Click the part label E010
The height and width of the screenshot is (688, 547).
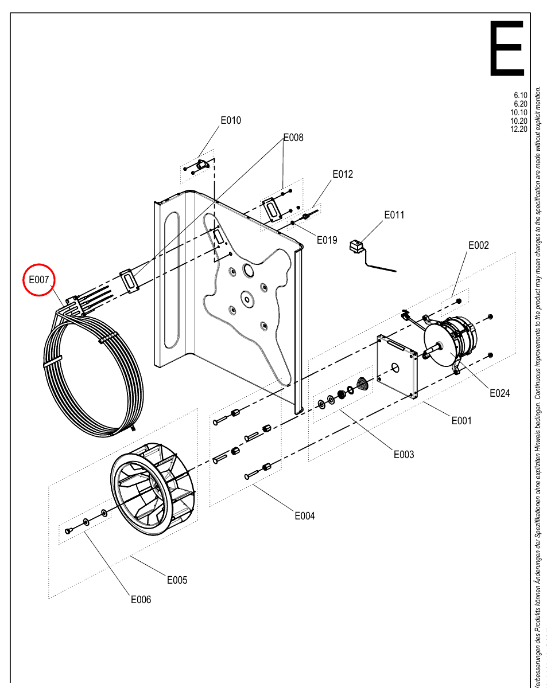(231, 120)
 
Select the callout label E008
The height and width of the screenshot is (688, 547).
(293, 138)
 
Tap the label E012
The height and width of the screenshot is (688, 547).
(343, 174)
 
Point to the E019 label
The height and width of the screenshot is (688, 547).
(327, 240)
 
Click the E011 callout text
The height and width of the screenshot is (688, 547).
(394, 215)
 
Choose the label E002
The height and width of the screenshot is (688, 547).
(479, 245)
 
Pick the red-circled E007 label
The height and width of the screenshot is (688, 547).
(38, 280)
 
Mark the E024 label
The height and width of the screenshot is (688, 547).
(499, 393)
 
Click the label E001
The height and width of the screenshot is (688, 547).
(461, 421)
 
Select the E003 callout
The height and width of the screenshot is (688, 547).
(404, 454)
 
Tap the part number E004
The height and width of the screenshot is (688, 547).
(305, 515)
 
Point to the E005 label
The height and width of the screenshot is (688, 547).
(177, 580)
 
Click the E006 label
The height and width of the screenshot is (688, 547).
(141, 600)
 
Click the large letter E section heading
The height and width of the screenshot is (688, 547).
(507, 48)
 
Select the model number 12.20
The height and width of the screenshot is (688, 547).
(518, 129)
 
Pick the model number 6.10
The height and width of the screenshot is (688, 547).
(521, 95)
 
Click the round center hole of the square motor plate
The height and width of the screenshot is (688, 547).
(395, 368)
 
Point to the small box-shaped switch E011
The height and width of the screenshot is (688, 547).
(357, 246)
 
